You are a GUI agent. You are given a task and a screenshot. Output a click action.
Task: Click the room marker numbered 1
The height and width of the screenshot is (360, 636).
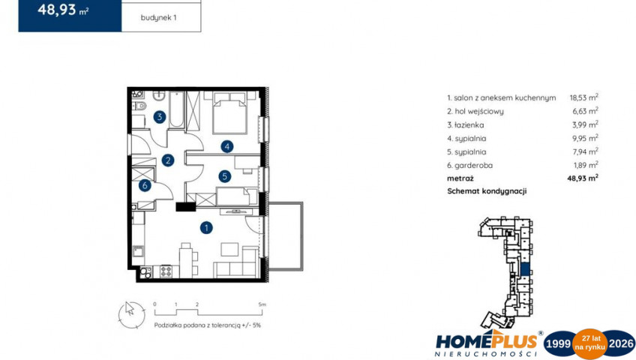point(206,228)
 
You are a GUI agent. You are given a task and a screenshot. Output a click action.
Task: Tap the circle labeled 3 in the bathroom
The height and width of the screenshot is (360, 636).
point(160,117)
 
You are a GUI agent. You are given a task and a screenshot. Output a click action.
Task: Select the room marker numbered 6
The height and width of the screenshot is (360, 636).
point(145,186)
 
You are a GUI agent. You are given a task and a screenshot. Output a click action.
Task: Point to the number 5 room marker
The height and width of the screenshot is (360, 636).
point(224,176)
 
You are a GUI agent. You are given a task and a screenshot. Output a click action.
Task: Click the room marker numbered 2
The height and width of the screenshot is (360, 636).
point(167,160)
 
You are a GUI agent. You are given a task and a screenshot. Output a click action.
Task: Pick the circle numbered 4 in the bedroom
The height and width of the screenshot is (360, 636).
point(227,146)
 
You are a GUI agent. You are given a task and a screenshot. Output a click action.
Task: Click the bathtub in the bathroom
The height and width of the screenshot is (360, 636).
point(176,109)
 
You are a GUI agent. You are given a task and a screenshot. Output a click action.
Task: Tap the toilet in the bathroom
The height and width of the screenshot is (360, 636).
point(139,106)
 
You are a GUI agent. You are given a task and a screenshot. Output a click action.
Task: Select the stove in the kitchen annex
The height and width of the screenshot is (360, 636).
point(166,271)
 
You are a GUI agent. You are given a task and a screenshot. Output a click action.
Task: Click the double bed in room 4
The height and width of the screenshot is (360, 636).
point(229,112)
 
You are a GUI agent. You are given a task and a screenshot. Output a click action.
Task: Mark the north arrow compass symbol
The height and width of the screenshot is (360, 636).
point(131,314)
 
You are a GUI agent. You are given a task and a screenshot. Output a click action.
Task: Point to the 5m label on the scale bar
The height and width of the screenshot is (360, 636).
point(262,304)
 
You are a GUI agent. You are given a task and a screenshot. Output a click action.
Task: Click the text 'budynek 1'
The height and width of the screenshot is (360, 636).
point(158,18)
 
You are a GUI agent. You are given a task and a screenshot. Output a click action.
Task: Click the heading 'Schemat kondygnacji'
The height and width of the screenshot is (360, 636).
point(487,191)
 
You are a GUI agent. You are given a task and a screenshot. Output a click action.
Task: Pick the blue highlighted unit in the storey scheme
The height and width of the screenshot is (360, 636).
point(525,269)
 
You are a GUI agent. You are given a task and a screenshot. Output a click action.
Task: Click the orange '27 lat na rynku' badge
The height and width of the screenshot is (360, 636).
point(589,343)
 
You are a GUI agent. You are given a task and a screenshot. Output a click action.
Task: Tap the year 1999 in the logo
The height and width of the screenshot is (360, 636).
point(559,344)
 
